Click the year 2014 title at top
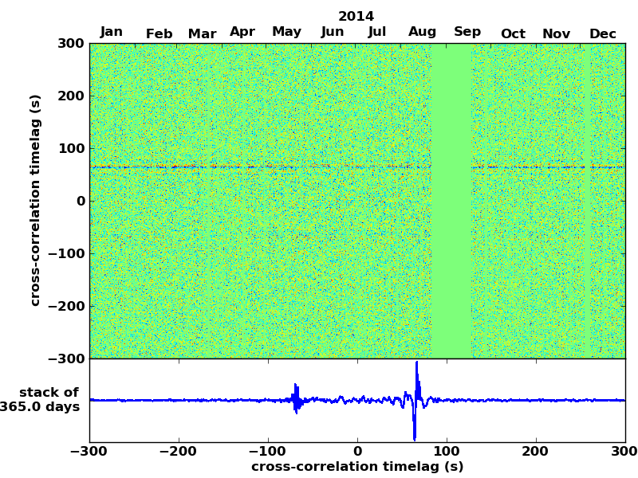click(356, 16)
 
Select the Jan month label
click(112, 32)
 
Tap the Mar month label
click(202, 33)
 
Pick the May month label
click(286, 32)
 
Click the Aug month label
click(422, 32)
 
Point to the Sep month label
click(467, 32)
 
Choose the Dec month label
click(602, 33)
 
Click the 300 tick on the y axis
click(72, 43)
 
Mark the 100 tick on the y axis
click(72, 148)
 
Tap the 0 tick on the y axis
click(81, 201)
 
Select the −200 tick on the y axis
click(65, 306)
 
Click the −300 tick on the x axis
click(89, 452)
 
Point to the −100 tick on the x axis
click(268, 452)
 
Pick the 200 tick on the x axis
click(536, 452)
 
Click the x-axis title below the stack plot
click(357, 467)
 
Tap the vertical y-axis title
click(35, 200)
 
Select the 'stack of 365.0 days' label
click(44, 400)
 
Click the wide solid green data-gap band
click(451, 199)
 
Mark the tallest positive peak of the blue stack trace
click(416, 364)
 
